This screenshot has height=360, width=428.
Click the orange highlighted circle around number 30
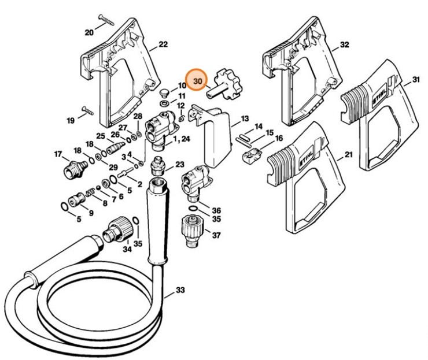click(x=198, y=81)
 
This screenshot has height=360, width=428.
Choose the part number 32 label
click(x=345, y=44)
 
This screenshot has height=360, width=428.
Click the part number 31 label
click(x=416, y=79)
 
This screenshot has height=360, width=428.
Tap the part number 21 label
click(x=348, y=155)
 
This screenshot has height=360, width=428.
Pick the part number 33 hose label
click(x=180, y=290)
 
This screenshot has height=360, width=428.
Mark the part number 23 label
click(x=179, y=165)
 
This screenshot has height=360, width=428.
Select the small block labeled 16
click(x=249, y=155)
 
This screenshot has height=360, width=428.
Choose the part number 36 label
click(x=216, y=210)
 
